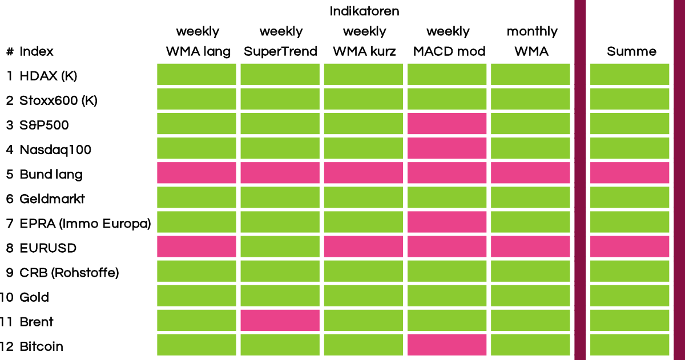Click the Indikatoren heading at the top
(364, 11)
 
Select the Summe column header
(631, 51)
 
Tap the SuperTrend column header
(280, 51)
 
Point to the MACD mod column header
(449, 51)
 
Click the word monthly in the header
(532, 31)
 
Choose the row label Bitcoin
(41, 346)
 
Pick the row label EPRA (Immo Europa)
(85, 224)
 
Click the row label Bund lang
(51, 175)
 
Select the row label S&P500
(44, 126)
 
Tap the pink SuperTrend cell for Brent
(280, 320)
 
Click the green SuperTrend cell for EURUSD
(280, 246)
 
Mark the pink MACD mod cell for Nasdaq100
(447, 148)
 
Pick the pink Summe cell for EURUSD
(630, 246)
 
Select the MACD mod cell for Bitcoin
(447, 345)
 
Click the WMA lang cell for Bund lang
(196, 173)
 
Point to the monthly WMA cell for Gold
(530, 296)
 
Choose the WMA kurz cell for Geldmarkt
(364, 197)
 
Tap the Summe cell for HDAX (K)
(630, 74)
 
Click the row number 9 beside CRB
(10, 273)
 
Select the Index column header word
(37, 51)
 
